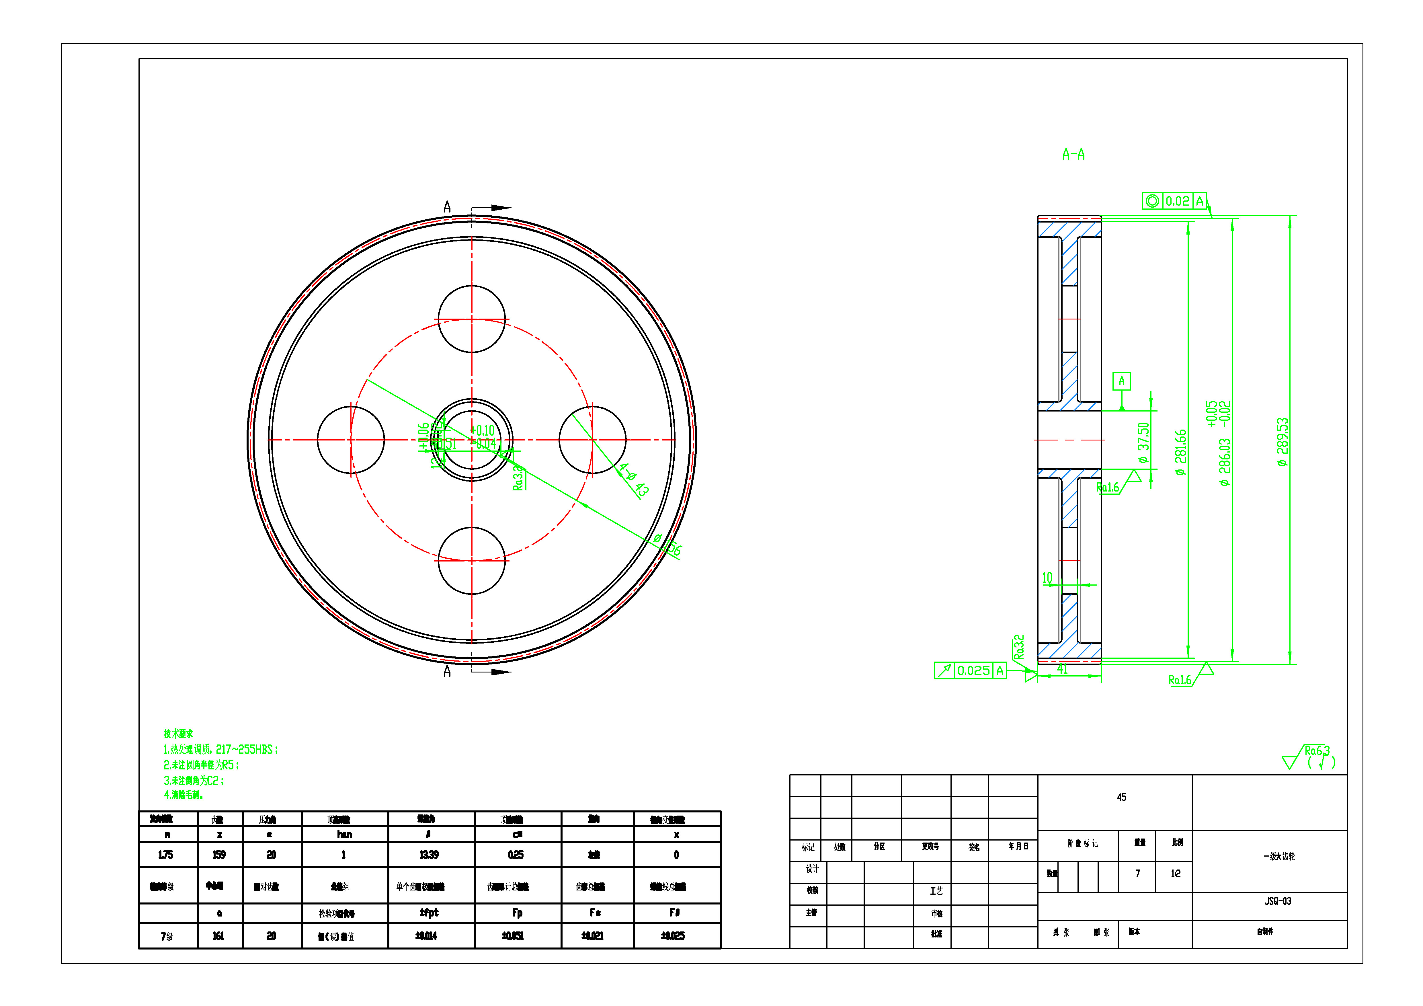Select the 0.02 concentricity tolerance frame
(1174, 201)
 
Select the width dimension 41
(1062, 669)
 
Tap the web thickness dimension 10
(1047, 578)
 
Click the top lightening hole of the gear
(472, 319)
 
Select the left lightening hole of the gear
(351, 440)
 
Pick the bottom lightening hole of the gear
(472, 561)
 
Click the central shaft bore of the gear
(472, 440)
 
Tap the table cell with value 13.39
(429, 855)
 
